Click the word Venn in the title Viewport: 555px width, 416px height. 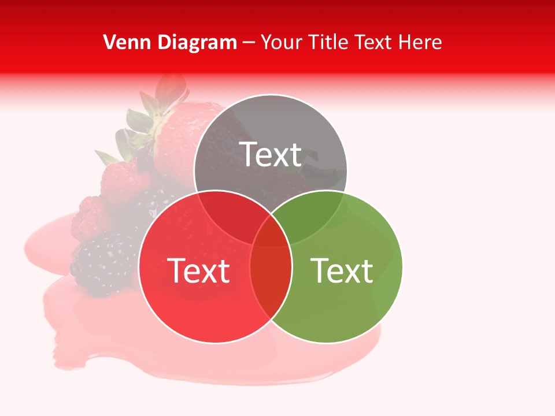(x=123, y=42)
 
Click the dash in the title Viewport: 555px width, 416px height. (x=249, y=43)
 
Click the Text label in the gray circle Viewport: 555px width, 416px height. (x=271, y=154)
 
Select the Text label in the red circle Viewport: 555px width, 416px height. (x=198, y=270)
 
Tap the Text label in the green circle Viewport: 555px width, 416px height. (x=342, y=270)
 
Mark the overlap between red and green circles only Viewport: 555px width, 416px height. (x=271, y=277)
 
